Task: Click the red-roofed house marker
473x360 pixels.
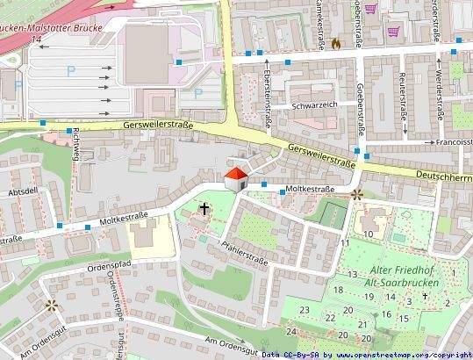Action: pos(236,178)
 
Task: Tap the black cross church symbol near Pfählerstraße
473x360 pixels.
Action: pos(204,209)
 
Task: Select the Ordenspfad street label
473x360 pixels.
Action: pos(110,265)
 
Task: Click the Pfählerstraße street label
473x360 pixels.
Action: pos(244,251)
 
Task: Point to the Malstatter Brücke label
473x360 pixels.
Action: pos(53,28)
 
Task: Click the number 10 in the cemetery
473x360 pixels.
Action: pos(369,234)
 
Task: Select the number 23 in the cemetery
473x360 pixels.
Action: pos(304,309)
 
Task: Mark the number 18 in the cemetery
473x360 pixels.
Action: pos(338,290)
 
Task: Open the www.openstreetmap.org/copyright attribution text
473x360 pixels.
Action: pos(401,355)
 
